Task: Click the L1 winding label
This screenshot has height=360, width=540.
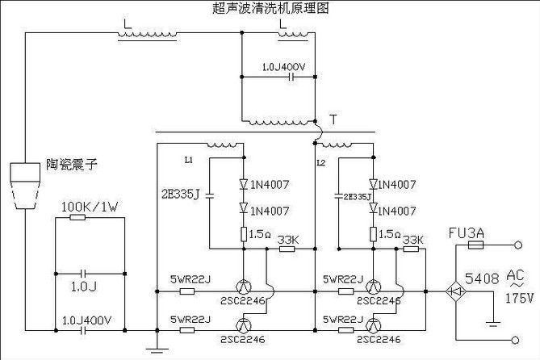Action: (x=188, y=159)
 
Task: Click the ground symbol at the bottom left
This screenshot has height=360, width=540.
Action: (x=160, y=349)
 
